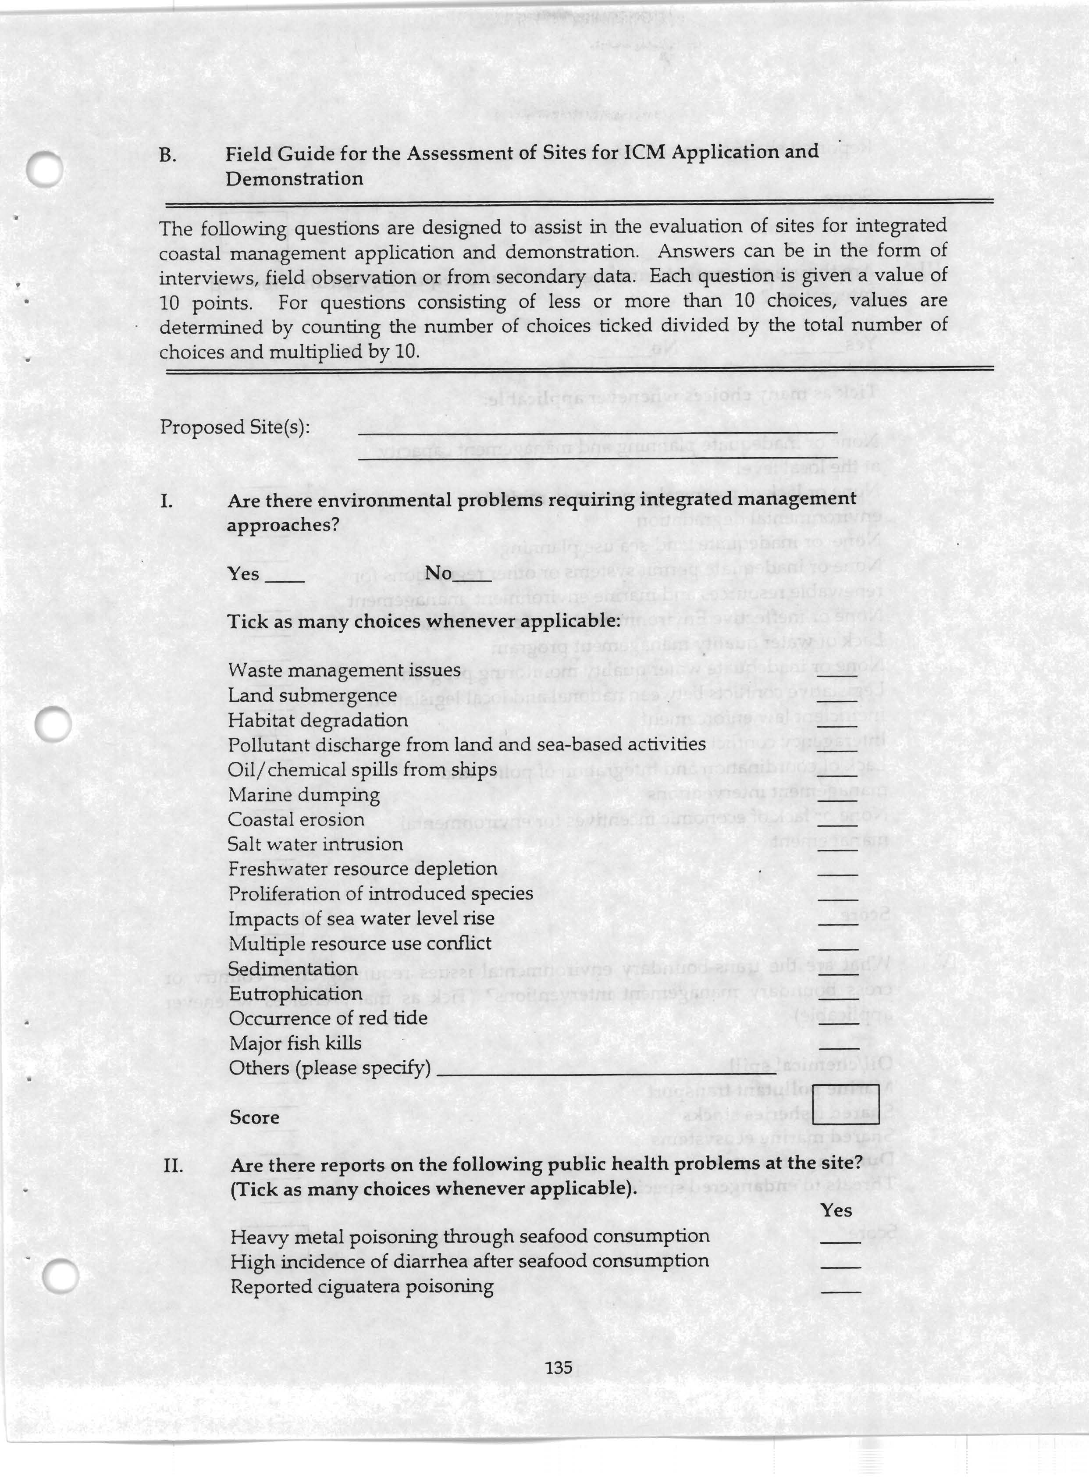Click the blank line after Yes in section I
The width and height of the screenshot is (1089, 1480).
pos(285,579)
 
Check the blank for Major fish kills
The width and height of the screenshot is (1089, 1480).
pos(839,1046)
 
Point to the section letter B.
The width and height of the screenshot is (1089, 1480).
pos(167,156)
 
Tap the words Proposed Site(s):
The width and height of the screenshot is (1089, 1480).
pos(235,427)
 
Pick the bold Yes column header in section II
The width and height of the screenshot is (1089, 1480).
pos(836,1210)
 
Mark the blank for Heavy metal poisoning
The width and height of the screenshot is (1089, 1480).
pos(840,1240)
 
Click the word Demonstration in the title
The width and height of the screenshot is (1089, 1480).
pos(294,179)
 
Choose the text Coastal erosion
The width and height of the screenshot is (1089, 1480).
pos(296,819)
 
